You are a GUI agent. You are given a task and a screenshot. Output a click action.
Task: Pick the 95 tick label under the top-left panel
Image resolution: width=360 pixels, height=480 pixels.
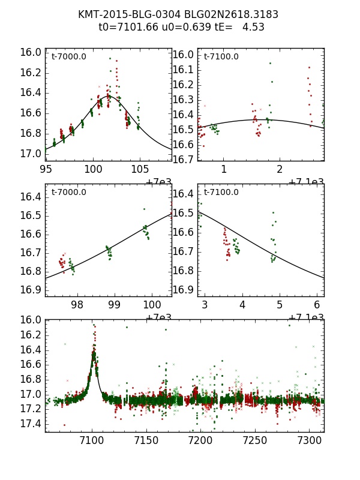point(46,170)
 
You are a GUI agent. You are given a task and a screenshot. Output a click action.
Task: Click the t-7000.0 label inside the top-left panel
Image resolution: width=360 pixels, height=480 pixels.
point(68,56)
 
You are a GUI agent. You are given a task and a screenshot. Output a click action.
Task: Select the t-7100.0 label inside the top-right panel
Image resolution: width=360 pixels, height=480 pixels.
point(221,56)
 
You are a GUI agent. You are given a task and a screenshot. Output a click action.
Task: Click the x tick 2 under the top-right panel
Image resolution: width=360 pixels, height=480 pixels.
point(280,170)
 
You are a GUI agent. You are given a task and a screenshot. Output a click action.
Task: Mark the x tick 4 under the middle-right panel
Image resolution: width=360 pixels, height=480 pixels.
point(242,305)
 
